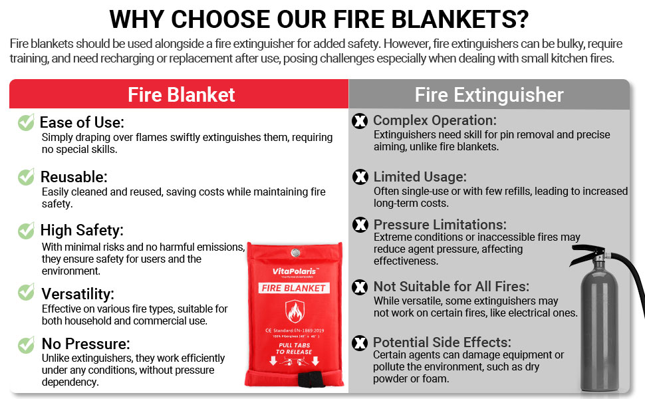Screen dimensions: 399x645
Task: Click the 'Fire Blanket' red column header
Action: click(x=181, y=94)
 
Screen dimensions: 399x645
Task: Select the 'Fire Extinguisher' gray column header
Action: click(x=489, y=94)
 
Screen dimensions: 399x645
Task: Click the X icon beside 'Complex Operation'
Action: click(x=360, y=121)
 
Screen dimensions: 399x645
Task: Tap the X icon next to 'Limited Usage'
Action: click(x=360, y=177)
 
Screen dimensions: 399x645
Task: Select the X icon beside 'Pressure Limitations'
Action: click(x=360, y=225)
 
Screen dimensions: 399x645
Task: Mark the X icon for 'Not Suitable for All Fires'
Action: click(x=360, y=287)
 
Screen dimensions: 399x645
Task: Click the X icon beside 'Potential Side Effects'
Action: click(x=360, y=343)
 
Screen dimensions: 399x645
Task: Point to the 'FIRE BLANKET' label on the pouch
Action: click(x=293, y=288)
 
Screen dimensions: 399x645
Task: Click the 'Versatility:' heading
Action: click(x=78, y=293)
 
